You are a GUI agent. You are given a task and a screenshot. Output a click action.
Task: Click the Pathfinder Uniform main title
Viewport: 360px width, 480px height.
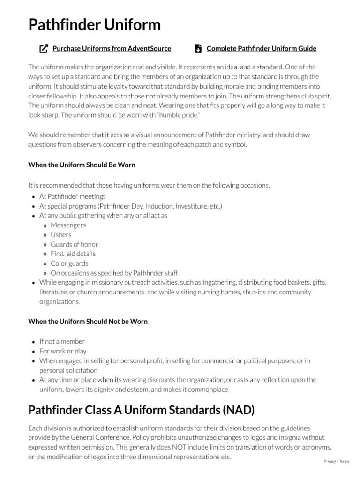coord(94,24)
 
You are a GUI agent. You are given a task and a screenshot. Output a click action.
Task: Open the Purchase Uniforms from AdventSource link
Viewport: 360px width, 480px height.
coord(112,48)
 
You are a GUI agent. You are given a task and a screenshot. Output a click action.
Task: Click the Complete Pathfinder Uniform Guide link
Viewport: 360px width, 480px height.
coord(261,48)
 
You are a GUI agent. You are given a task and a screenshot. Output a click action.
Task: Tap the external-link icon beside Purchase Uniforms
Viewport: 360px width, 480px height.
coord(44,48)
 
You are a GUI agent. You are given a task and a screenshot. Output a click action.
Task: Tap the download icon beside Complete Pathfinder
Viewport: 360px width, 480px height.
coord(198,48)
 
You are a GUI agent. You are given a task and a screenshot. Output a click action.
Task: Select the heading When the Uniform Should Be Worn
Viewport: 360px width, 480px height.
coord(82,165)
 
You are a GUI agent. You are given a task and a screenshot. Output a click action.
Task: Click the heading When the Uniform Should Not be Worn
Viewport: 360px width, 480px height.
coord(88,321)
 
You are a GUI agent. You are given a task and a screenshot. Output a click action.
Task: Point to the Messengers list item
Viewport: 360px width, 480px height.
coord(68,225)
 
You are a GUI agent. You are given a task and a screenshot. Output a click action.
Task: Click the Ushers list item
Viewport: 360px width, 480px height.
coord(61,234)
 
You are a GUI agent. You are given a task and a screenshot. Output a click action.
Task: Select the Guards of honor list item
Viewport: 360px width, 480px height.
coord(75,244)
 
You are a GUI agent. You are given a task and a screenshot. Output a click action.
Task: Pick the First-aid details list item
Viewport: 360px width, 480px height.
coord(73,254)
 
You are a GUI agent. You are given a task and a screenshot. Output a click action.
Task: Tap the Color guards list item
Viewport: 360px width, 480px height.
coord(69,263)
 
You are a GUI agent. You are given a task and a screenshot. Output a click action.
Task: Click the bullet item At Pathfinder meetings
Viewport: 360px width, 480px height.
coord(73,196)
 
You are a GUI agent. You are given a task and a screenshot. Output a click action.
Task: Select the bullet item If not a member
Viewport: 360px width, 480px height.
coord(62,341)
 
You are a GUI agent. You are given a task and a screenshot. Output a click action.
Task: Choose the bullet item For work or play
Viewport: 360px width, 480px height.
coord(63,351)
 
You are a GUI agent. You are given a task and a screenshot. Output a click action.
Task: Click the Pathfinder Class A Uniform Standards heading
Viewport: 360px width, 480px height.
coord(142,410)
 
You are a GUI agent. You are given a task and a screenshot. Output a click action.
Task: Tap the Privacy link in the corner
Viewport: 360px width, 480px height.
coord(330,461)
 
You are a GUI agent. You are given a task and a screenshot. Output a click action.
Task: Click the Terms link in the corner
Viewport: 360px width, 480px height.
coord(344,461)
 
